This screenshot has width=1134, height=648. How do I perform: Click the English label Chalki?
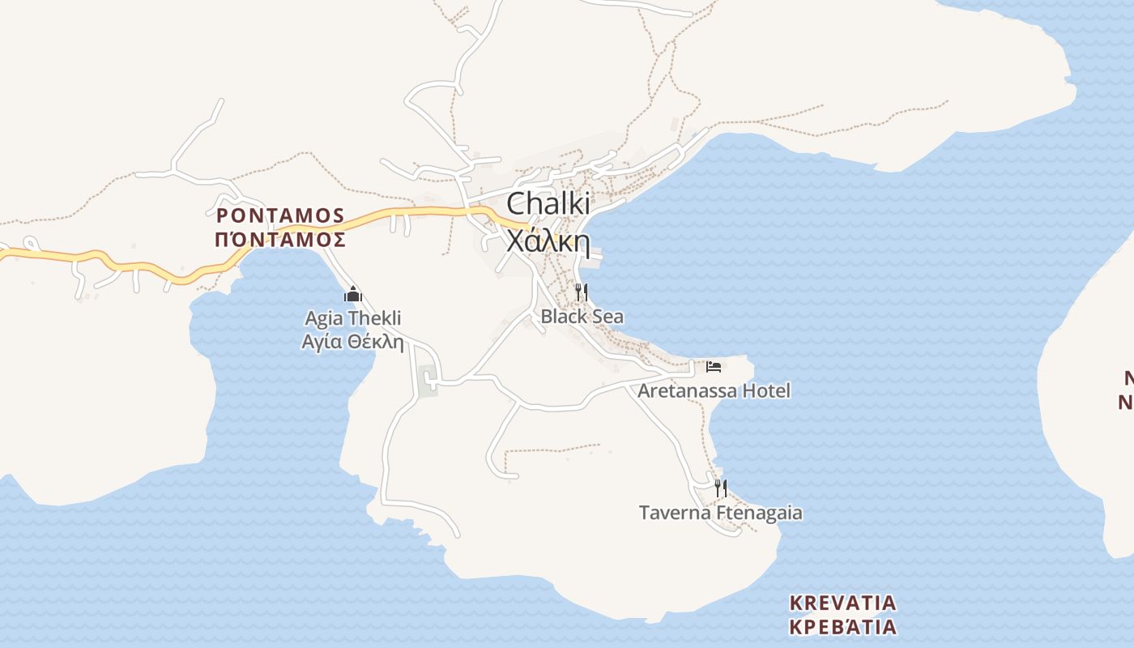pyautogui.click(x=548, y=204)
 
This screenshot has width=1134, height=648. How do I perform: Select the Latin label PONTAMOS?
pyautogui.click(x=280, y=215)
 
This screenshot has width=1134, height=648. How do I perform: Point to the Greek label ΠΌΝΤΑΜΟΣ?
pyautogui.click(x=280, y=240)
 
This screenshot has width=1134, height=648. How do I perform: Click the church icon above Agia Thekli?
pyautogui.click(x=352, y=294)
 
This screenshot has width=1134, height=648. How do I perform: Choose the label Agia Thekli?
pyautogui.click(x=352, y=318)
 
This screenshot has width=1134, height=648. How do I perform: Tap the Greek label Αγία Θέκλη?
pyautogui.click(x=352, y=342)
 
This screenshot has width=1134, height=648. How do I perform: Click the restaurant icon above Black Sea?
pyautogui.click(x=581, y=292)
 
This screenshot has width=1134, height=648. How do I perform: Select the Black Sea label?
pyautogui.click(x=582, y=316)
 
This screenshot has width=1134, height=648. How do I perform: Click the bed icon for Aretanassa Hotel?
pyautogui.click(x=714, y=367)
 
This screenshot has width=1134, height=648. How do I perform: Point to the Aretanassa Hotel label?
pyautogui.click(x=714, y=390)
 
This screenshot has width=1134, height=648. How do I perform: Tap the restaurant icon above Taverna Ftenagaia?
pyautogui.click(x=721, y=488)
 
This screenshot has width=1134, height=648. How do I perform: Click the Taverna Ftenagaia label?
pyautogui.click(x=721, y=513)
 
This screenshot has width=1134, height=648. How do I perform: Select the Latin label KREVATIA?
pyautogui.click(x=843, y=603)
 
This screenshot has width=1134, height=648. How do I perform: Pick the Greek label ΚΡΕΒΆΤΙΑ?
pyautogui.click(x=843, y=627)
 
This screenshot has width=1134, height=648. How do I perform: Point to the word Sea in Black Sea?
pyautogui.click(x=607, y=316)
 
